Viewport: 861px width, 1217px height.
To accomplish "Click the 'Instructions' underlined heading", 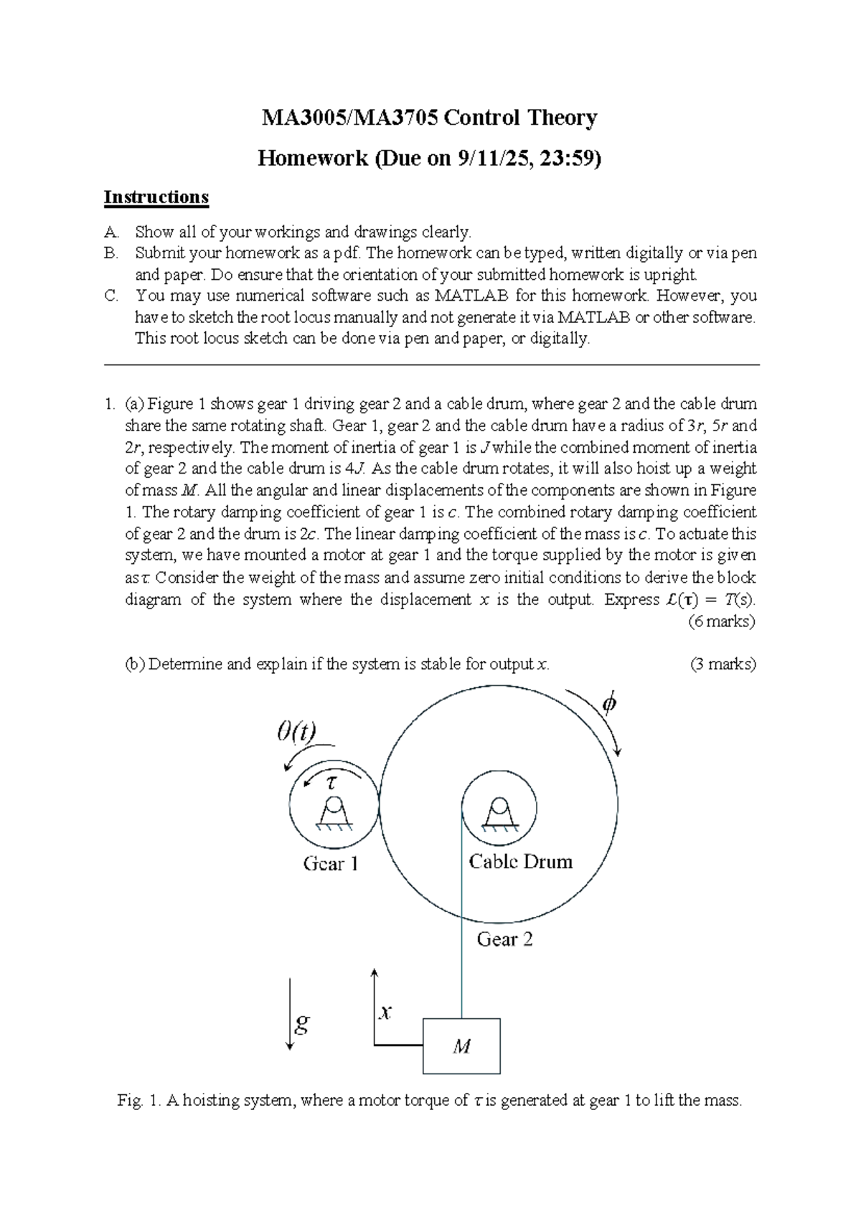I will [156, 197].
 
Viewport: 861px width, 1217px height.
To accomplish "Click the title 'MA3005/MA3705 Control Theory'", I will [429, 118].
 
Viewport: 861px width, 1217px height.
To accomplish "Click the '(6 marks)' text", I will [721, 621].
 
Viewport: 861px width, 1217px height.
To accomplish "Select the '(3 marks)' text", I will [723, 664].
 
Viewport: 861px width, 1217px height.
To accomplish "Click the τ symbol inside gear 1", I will [331, 783].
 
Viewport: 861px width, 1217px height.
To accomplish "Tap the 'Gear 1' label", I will [330, 864].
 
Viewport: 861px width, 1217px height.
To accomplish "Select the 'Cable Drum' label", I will [520, 862].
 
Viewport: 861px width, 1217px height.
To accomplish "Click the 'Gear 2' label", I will [504, 939].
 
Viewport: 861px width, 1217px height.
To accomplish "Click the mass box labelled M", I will [461, 1046].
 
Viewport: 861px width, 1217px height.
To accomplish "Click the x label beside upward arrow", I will [386, 1012].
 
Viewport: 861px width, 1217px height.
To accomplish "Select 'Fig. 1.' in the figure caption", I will [139, 1101].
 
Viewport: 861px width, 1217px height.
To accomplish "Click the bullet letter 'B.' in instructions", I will [110, 253].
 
